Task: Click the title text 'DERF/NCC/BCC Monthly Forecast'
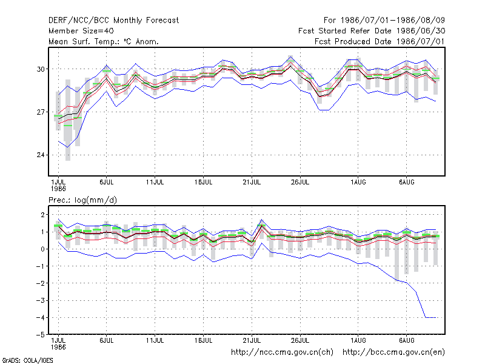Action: (x=113, y=21)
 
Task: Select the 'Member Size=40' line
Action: (x=81, y=31)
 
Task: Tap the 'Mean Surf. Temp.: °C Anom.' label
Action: (x=104, y=41)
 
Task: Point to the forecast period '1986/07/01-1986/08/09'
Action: (x=392, y=21)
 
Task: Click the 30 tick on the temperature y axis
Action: (x=41, y=69)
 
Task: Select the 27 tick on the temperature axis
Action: (x=41, y=112)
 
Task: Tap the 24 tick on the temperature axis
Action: (x=41, y=155)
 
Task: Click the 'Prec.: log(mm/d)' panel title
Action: (x=82, y=200)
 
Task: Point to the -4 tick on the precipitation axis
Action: (x=40, y=317)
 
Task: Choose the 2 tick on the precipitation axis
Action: (x=42, y=215)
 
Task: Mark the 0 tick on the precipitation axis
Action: (x=42, y=249)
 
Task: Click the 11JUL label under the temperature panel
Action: (x=155, y=182)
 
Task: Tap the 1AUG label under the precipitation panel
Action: (x=358, y=340)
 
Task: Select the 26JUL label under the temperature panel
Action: (x=300, y=182)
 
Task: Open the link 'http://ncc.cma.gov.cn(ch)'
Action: (x=282, y=352)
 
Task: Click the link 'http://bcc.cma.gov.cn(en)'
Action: (x=393, y=352)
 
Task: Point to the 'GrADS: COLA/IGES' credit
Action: (x=27, y=360)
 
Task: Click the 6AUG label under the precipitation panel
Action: (x=406, y=340)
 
